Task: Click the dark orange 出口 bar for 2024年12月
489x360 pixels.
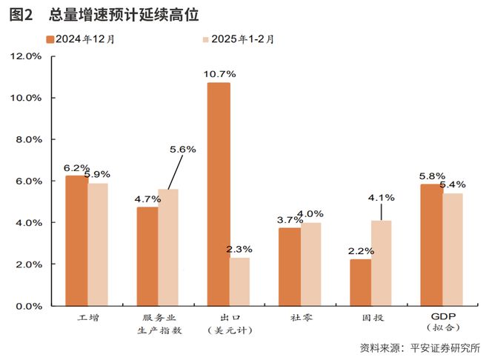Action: (219, 194)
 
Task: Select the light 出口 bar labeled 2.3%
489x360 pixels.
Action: (239, 281)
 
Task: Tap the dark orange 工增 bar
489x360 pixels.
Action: (76, 241)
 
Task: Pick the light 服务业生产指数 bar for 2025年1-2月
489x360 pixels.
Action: (168, 247)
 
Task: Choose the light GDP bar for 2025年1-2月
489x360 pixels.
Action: (453, 250)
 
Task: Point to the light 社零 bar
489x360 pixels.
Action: (310, 264)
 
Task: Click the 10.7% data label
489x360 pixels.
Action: (219, 74)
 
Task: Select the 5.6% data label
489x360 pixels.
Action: (182, 149)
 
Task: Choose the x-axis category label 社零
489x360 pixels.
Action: (302, 318)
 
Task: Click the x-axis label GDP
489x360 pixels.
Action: (442, 317)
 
